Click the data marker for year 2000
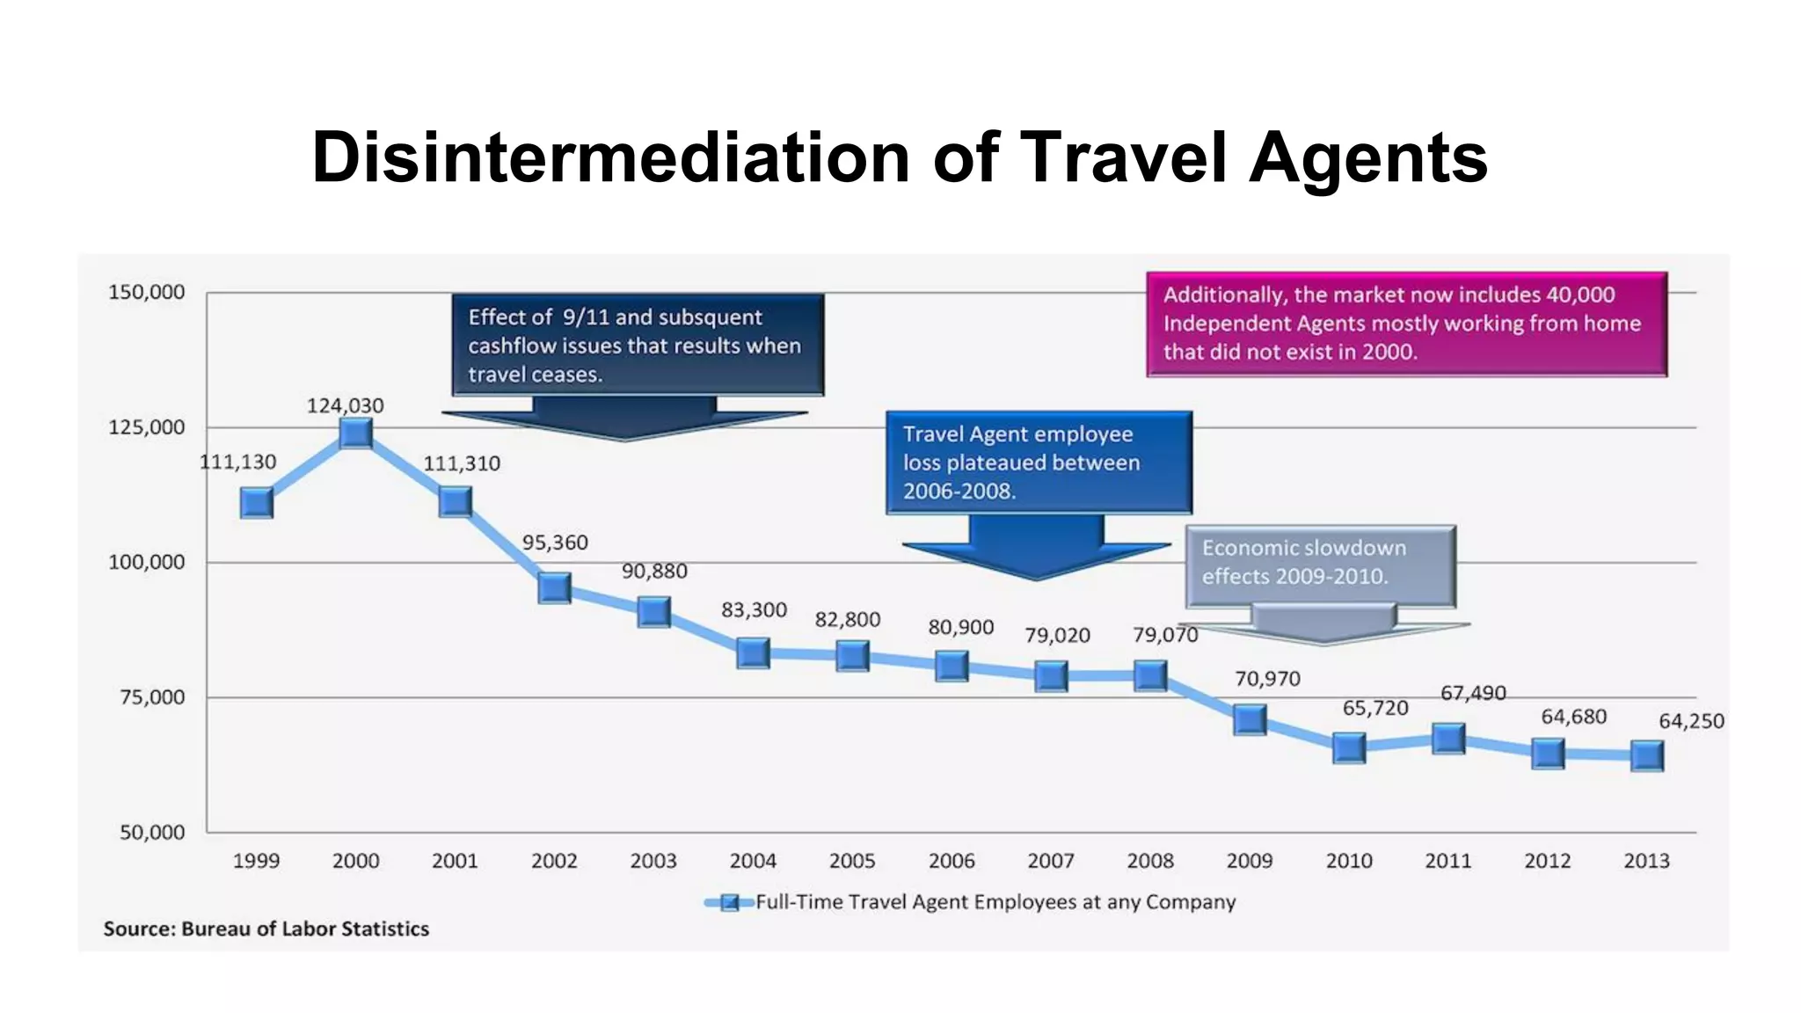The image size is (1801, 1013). click(x=355, y=433)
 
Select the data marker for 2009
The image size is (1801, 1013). click(x=1250, y=719)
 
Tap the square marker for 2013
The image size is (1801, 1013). click(x=1646, y=755)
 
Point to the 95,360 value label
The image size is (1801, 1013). click(x=555, y=543)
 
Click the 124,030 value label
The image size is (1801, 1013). click(x=345, y=405)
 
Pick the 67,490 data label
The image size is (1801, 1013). click(x=1473, y=693)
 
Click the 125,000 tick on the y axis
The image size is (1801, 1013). click(x=146, y=427)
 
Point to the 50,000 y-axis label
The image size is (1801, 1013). click(x=151, y=832)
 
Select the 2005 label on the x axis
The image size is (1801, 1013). click(x=852, y=861)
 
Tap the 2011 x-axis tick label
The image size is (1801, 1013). click(x=1448, y=861)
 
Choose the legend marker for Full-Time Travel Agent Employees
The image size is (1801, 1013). click(x=729, y=902)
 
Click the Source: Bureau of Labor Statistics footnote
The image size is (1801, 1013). click(x=266, y=929)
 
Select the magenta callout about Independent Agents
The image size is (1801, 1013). click(x=1405, y=324)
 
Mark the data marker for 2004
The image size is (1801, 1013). click(x=753, y=652)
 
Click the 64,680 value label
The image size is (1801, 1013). click(x=1573, y=717)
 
